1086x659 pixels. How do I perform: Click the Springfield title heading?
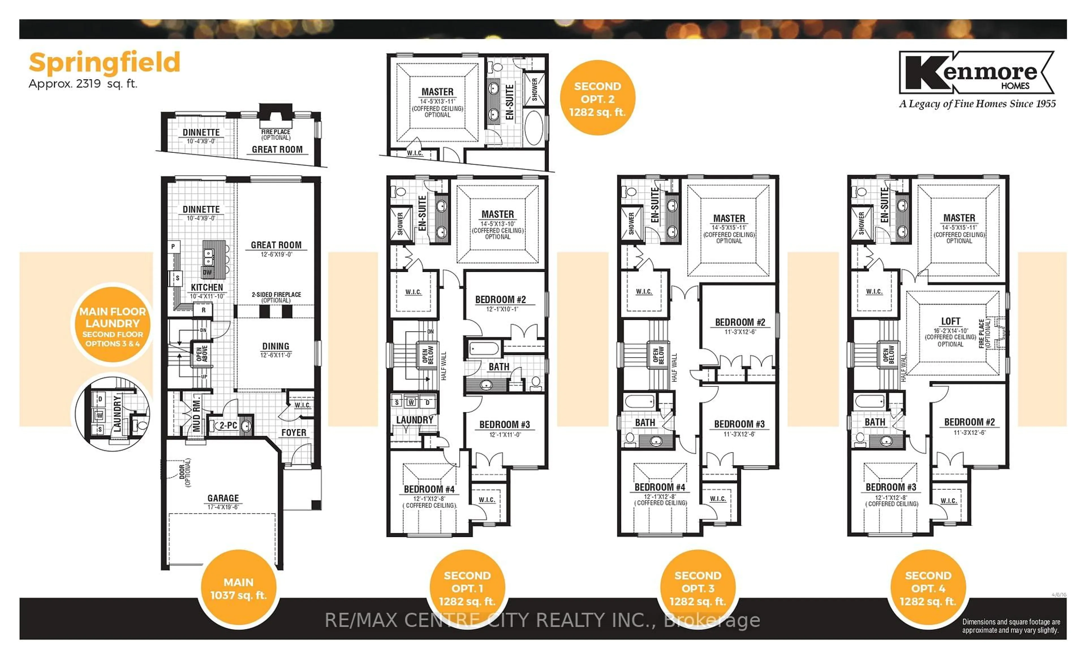coord(104,62)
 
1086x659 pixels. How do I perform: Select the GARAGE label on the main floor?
coord(223,498)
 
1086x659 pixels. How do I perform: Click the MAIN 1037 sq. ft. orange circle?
coord(238,589)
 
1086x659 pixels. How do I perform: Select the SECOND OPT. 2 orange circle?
coord(597,99)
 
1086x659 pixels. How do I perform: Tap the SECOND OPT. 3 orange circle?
coord(698,589)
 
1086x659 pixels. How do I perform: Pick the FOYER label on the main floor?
coord(294,433)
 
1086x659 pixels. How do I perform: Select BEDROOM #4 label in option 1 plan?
coord(429,489)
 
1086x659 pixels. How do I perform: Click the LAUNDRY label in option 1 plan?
coord(415,420)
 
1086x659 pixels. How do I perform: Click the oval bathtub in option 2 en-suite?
coord(534,128)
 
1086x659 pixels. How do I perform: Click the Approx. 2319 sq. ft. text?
coord(83,84)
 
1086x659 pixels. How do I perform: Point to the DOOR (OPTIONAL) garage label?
coord(185,473)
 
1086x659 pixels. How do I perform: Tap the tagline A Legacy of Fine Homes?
coord(977,104)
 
